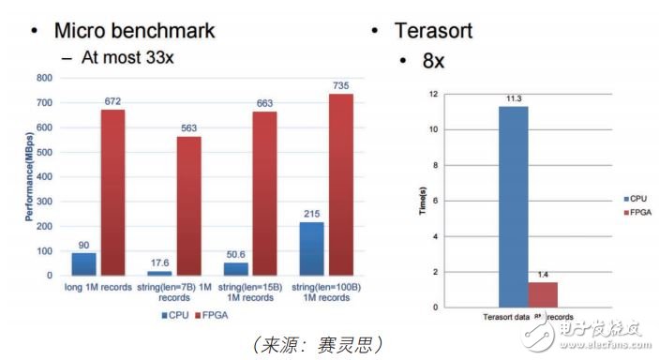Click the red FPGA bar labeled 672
tap(112, 192)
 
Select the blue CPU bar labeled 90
tap(84, 263)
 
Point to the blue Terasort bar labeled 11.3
tap(513, 206)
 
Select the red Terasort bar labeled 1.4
tap(543, 294)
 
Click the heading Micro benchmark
tap(134, 30)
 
